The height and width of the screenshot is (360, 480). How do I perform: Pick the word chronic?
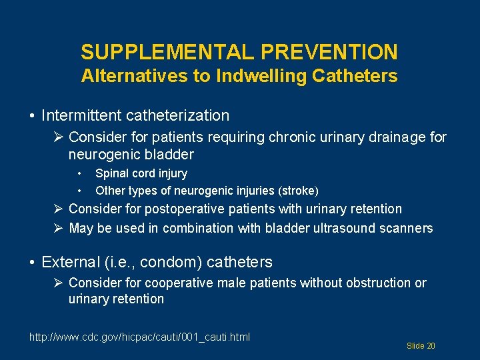pos(294,138)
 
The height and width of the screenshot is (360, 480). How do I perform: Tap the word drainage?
pos(389,138)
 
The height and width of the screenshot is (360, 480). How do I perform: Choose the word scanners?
pos(407,228)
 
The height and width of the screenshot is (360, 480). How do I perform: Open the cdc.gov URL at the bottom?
pos(139,337)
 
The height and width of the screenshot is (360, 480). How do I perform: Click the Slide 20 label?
pos(421,346)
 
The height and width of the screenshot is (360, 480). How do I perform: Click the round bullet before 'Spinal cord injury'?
pos(79,173)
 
